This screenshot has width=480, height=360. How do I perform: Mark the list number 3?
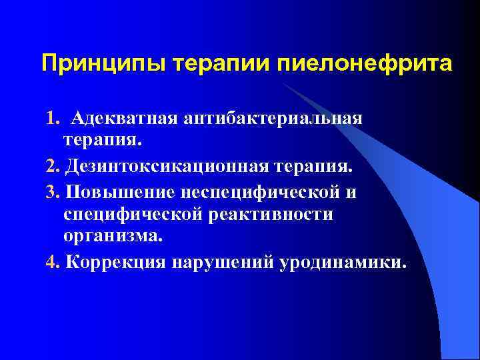pos(53,192)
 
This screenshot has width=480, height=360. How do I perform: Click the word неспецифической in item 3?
pos(259,192)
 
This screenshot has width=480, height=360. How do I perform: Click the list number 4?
pos(53,261)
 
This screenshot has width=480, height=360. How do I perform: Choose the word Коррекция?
pos(123,261)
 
